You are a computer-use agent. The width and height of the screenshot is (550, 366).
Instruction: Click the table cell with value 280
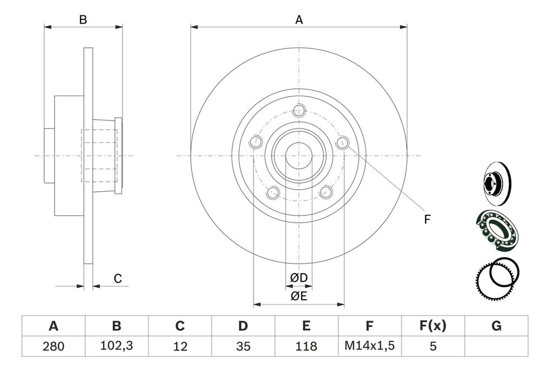[53, 346]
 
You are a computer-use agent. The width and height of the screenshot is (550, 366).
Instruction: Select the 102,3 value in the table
[117, 346]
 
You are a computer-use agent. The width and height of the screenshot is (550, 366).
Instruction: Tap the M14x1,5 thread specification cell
[370, 346]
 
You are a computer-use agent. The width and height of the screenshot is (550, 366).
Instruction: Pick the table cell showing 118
[306, 346]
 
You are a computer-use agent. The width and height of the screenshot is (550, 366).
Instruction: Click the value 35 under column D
[243, 346]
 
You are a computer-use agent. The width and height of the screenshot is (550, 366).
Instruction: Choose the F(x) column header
[433, 326]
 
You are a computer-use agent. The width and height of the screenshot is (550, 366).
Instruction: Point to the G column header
[496, 326]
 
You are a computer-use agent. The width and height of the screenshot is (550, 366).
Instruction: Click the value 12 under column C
[180, 346]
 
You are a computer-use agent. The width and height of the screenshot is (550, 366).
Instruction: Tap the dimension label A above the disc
[299, 20]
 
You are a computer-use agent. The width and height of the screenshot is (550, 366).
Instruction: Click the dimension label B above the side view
[82, 20]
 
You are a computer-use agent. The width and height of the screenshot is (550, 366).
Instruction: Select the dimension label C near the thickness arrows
[118, 279]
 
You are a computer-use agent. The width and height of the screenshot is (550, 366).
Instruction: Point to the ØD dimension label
[299, 279]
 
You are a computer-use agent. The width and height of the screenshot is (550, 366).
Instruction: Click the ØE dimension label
[299, 297]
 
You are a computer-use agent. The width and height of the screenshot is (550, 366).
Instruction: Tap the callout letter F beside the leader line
[427, 219]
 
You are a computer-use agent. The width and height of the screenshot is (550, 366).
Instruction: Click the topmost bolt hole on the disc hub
[299, 109]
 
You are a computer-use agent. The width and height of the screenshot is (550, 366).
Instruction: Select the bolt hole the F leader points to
[343, 143]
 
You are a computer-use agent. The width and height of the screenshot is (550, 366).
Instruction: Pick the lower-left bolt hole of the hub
[272, 192]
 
